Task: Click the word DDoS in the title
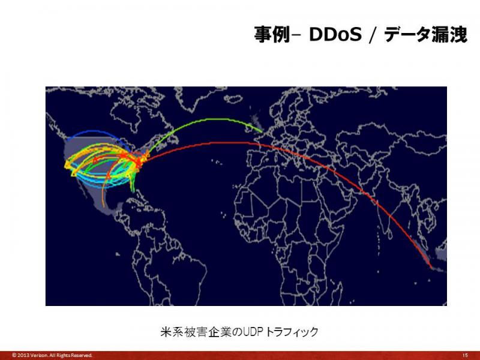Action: (335, 34)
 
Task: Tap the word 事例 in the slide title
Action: (272, 34)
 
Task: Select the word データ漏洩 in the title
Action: (425, 34)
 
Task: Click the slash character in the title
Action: (372, 35)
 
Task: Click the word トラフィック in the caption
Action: (292, 332)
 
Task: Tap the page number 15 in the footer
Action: (464, 355)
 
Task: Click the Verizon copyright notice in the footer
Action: (52, 355)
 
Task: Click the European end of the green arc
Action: (263, 133)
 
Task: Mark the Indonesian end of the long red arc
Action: (431, 268)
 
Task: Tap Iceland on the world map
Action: (233, 98)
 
